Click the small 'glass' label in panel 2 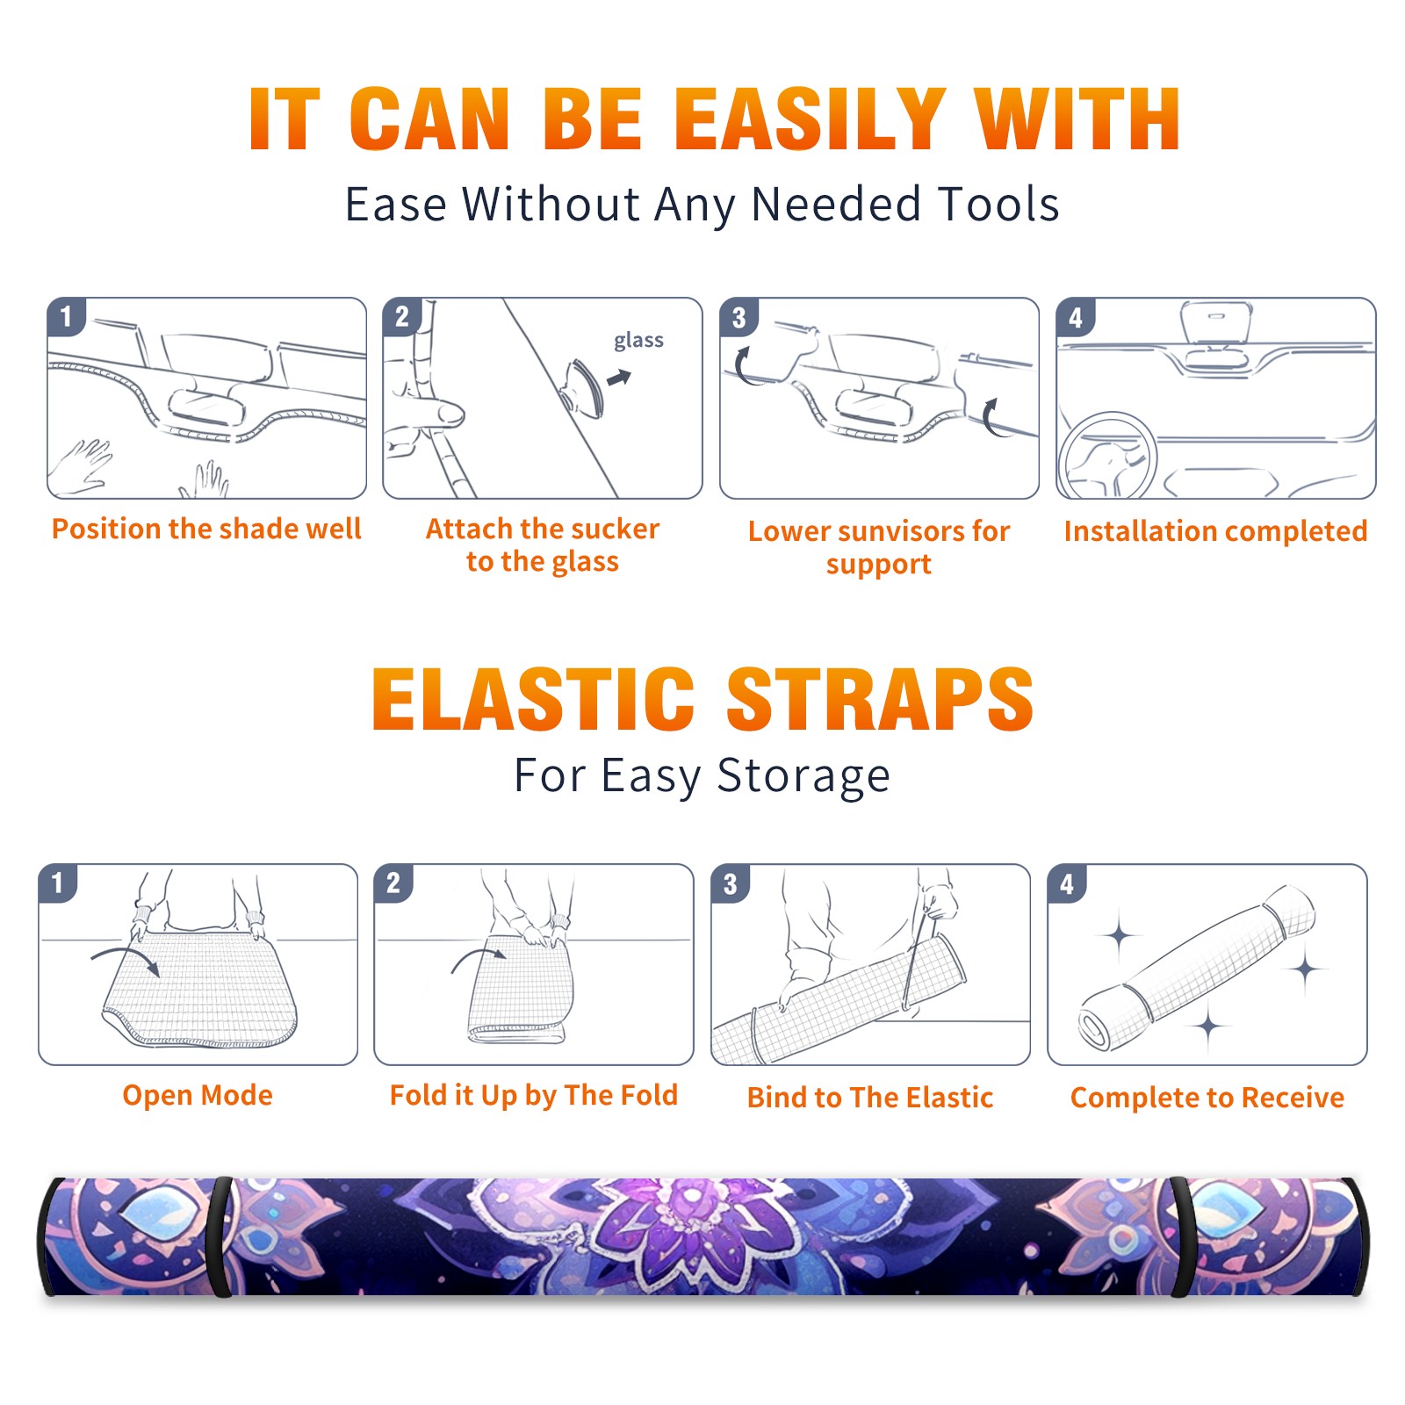(638, 341)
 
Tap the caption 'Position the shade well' (206, 529)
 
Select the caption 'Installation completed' (1215, 531)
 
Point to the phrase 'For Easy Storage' (702, 775)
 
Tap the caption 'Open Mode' (198, 1095)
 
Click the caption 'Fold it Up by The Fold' (534, 1095)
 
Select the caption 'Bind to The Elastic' (869, 1098)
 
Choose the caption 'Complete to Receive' (1207, 1098)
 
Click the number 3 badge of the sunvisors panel (738, 317)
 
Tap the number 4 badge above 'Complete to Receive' (1066, 883)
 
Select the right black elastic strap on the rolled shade (1182, 1237)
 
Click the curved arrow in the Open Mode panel (126, 957)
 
